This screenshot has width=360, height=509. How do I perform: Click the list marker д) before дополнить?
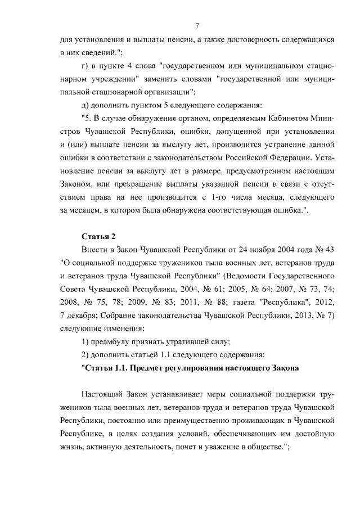point(85,105)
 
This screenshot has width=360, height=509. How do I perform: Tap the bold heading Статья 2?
point(98,235)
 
